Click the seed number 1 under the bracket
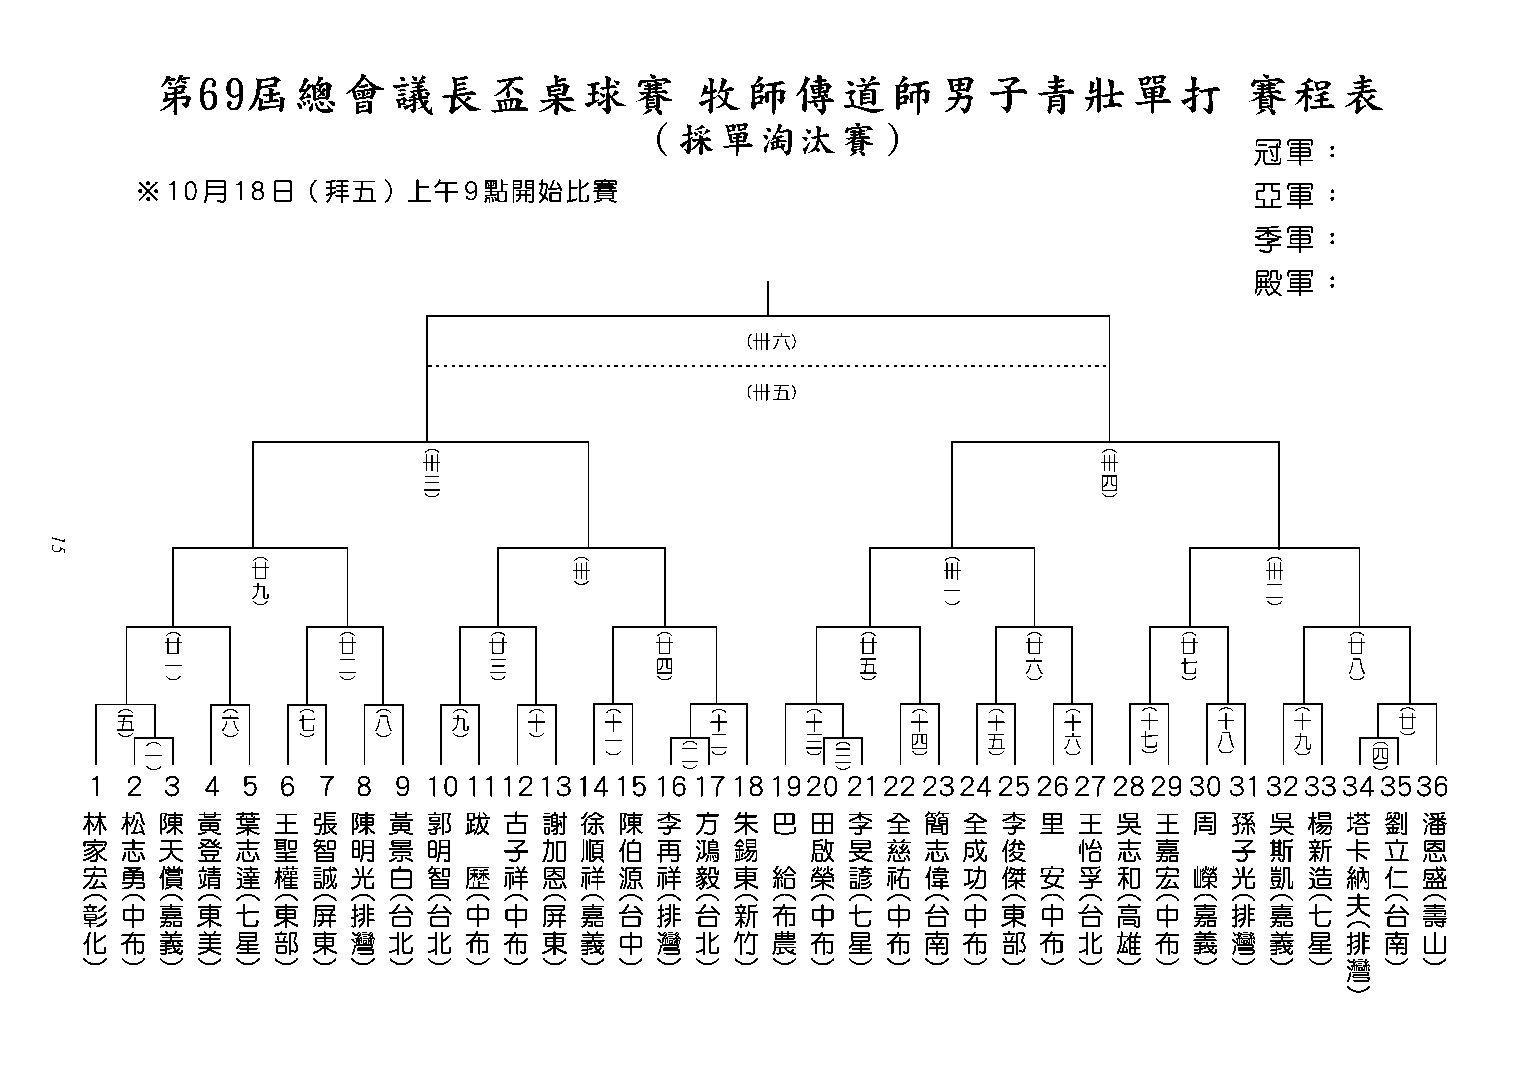96,787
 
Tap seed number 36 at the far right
1432,787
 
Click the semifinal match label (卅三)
432,474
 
